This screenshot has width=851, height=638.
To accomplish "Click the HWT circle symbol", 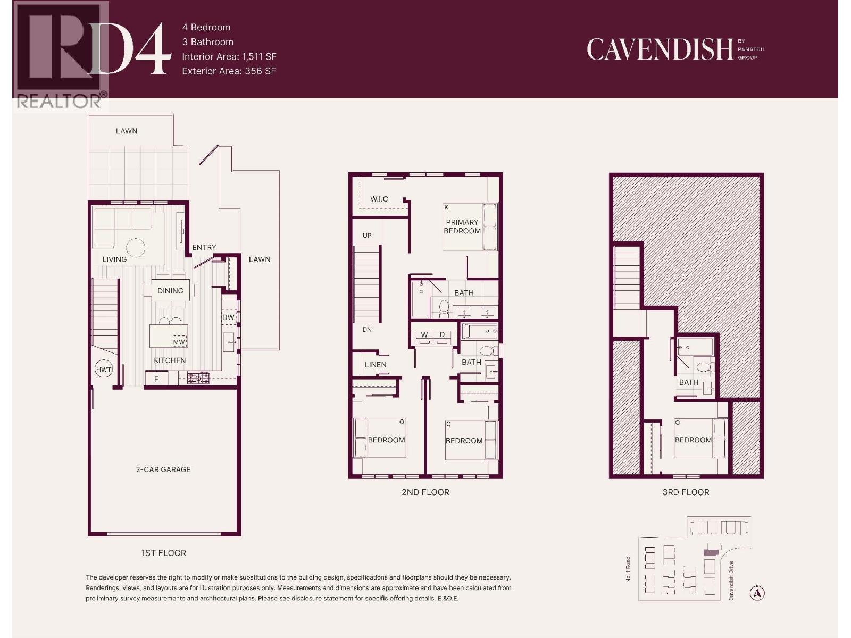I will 104,370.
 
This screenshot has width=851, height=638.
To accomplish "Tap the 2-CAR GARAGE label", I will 163,469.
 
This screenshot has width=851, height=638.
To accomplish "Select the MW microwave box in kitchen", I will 179,342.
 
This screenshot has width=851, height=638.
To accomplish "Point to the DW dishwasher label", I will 228,317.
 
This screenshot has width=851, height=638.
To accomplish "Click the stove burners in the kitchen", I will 198,379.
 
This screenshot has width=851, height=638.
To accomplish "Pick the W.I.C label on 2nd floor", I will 379,199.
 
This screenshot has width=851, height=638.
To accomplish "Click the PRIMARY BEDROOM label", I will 462,226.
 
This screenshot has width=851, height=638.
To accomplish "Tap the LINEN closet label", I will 376,365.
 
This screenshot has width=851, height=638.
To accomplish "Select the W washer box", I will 424,335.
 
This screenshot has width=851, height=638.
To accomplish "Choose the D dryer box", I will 442,335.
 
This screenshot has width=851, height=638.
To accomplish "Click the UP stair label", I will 367,236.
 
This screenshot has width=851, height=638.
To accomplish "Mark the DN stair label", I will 367,330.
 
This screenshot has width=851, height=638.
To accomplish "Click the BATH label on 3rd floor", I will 688,382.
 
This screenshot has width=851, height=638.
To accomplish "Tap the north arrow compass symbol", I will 757,593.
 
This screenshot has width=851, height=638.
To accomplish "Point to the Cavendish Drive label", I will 731,581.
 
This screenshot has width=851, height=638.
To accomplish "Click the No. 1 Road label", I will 628,569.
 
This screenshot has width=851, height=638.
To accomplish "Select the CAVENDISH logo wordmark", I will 660,49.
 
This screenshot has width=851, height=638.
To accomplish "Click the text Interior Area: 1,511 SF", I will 229,56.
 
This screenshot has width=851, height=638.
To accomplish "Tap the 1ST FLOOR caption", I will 163,553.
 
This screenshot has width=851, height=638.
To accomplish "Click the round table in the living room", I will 136,248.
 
